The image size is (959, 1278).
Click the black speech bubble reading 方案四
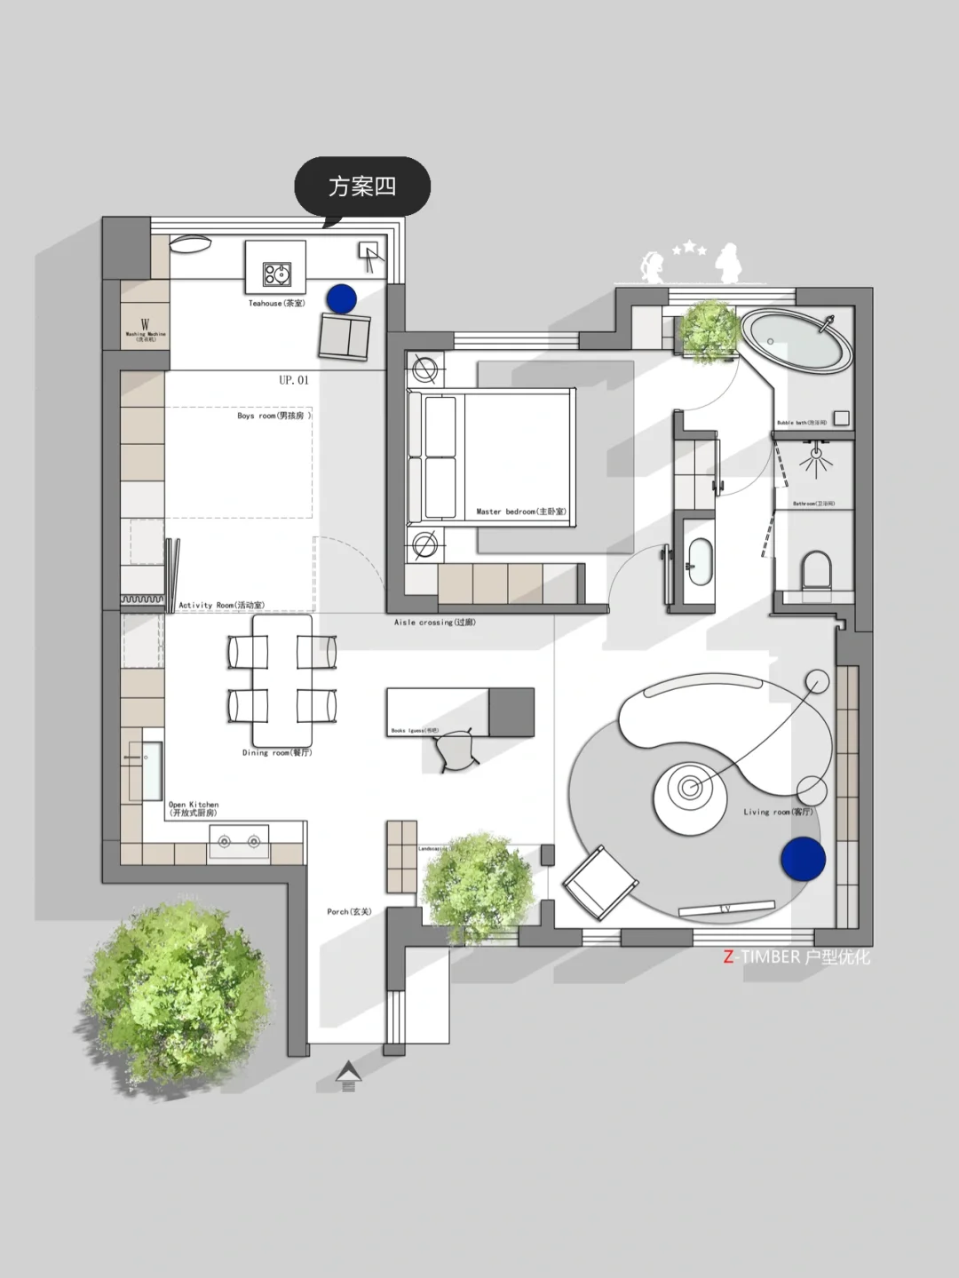(362, 187)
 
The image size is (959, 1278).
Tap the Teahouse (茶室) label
(276, 304)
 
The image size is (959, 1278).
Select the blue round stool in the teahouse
(341, 298)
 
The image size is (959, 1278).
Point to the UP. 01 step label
(294, 380)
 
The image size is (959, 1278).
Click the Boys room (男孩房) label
(273, 416)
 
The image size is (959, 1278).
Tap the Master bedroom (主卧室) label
(520, 512)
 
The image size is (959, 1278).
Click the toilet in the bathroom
(815, 571)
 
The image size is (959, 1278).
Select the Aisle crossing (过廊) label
(434, 623)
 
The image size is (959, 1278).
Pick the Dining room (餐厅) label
(277, 753)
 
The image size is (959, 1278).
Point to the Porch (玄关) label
(349, 912)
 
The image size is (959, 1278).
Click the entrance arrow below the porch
(348, 1076)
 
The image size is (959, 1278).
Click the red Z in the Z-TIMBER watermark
(729, 957)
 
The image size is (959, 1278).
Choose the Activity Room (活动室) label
(221, 606)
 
